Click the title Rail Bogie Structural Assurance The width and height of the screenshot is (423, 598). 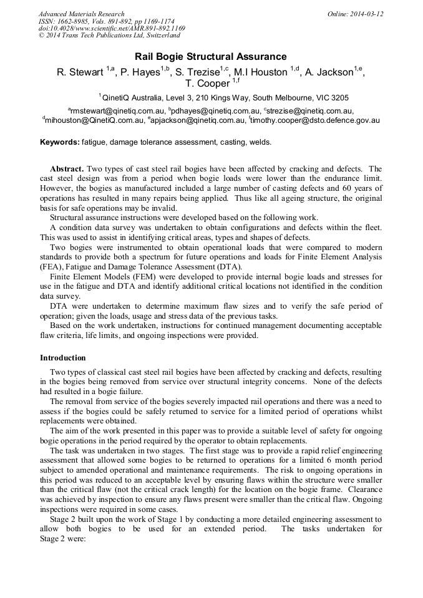click(x=211, y=57)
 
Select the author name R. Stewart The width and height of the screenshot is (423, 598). click(x=80, y=72)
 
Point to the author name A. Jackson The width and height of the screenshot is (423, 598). click(x=331, y=72)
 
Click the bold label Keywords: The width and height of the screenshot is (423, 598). click(x=60, y=142)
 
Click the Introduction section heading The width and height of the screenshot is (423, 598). click(x=63, y=358)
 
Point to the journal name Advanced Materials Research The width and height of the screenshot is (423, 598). click(x=82, y=14)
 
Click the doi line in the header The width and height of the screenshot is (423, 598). click(x=112, y=29)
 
